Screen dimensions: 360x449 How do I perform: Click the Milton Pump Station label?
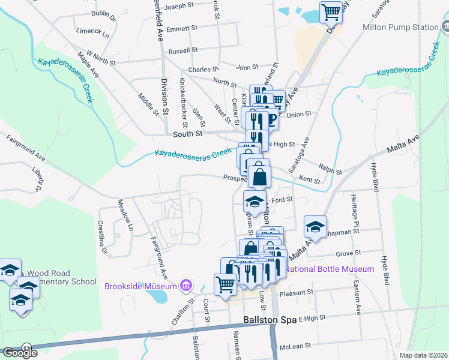click(x=400, y=27)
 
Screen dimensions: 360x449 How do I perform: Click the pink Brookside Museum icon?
click(x=186, y=285)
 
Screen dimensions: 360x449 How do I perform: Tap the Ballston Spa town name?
click(x=270, y=320)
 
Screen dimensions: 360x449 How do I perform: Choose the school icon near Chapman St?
click(x=314, y=227)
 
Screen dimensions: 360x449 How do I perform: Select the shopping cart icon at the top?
click(x=331, y=11)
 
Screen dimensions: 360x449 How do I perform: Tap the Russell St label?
click(x=182, y=51)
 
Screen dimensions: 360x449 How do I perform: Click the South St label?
click(x=186, y=134)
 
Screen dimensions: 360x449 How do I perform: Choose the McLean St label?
click(x=295, y=346)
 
